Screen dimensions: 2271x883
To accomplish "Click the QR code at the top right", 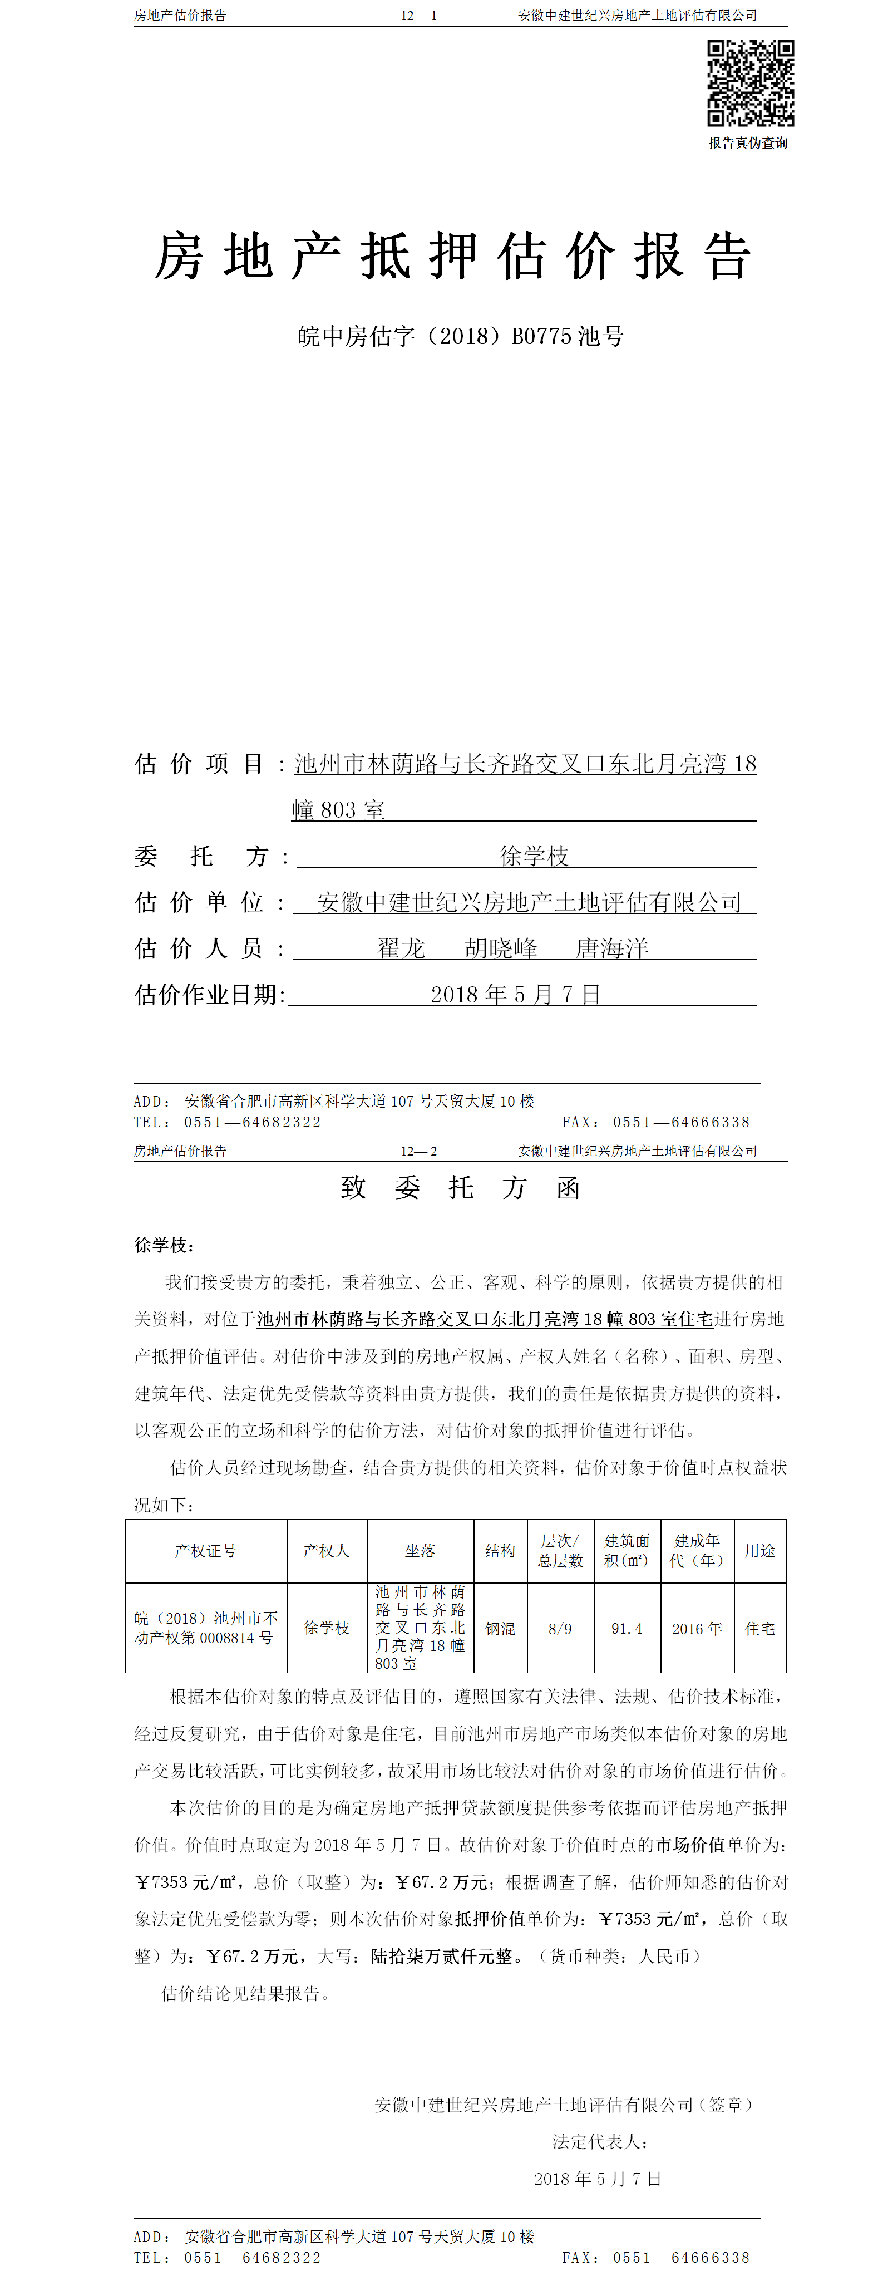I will coord(750,83).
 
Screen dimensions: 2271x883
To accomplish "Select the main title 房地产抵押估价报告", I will coord(453,257).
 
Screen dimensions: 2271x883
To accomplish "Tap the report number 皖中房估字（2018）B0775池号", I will coord(460,336).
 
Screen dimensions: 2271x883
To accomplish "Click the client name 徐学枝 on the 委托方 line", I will coord(534,855).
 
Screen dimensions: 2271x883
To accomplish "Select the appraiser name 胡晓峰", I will coord(501,948).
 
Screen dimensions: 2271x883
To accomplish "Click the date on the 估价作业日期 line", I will coord(516,995).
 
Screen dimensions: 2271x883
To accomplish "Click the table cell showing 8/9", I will coord(560,1628).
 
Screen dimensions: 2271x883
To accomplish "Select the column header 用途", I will coord(759,1551).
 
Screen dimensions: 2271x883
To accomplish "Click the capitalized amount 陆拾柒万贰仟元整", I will coord(442,1957).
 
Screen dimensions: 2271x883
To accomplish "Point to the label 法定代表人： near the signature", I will coord(601,2141).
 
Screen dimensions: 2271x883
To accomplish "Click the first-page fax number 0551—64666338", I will coord(681,1122).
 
